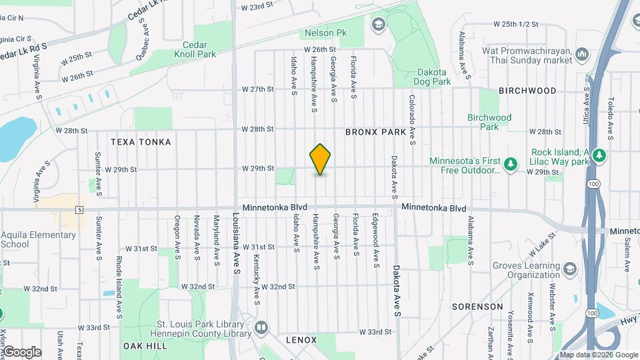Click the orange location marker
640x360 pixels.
pos(321,159)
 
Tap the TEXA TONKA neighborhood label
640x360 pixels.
pos(141,142)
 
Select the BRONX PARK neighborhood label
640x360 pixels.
pos(375,132)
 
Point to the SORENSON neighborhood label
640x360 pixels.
pos(477,307)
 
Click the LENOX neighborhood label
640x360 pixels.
pos(301,339)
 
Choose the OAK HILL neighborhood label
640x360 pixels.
pos(145,346)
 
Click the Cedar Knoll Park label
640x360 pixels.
pos(195,49)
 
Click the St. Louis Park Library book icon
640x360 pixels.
pos(261,327)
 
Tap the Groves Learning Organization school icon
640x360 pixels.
pos(570,268)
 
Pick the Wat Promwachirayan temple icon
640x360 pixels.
pos(583,53)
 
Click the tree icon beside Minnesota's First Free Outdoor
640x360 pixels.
pos(511,164)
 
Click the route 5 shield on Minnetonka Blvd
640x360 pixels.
pos(79,210)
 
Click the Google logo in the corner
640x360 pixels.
pos(22,351)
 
